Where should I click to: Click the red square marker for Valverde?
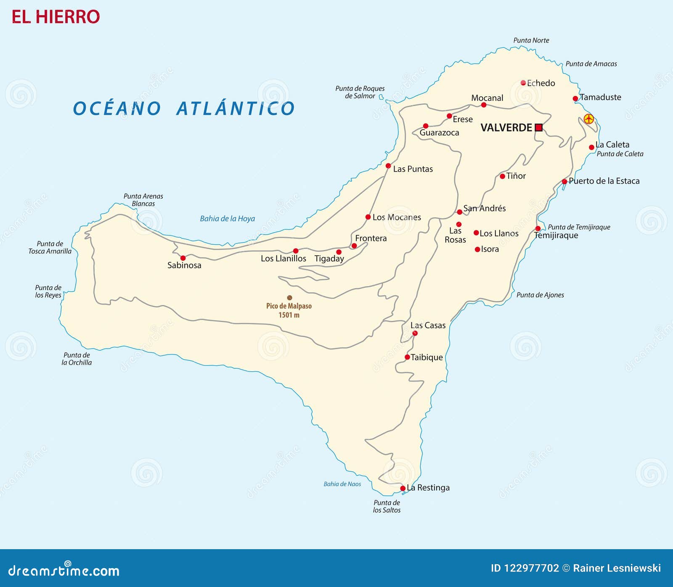pos(538,127)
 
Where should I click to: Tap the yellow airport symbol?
pos(588,119)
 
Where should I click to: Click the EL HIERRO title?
pos(56,17)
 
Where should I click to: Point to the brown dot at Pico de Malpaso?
pos(289,298)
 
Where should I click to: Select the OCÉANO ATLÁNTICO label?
pos(184,108)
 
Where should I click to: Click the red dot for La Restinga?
pos(403,488)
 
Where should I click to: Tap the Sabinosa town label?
pos(184,265)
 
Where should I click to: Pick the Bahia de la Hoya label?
pos(227,219)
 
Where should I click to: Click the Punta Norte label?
pos(531,40)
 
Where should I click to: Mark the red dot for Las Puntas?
pos(388,166)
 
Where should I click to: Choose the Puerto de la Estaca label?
pos(604,181)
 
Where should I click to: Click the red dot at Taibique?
pos(407,357)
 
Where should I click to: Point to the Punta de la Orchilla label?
pos(77,359)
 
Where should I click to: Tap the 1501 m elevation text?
pos(289,315)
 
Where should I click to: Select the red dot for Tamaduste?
pos(575,99)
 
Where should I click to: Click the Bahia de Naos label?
pos(342,484)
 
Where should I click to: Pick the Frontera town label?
pos(371,238)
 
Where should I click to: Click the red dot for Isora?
pos(477,249)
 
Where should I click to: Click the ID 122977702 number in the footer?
pos(525,568)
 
